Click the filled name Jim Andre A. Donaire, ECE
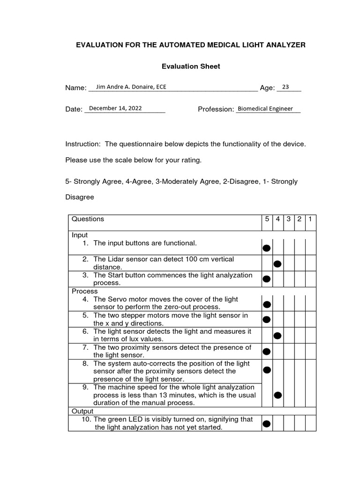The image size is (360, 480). coord(130,87)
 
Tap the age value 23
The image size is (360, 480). coord(285,87)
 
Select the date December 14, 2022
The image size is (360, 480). coord(115,108)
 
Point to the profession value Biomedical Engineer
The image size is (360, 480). coord(265,109)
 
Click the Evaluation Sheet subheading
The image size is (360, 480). coord(191,67)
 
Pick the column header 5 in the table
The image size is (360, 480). coord(267,219)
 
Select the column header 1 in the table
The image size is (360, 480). coord(310,219)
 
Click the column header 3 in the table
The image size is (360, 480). coord(289,219)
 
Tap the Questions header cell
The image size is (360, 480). coord(88,219)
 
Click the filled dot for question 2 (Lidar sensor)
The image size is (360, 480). coord(277,264)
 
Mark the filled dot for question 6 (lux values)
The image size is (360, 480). coord(277,336)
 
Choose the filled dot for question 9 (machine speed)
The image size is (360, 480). coord(277,395)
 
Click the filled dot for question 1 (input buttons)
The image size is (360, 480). coord(267,248)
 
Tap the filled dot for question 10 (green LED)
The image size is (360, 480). coord(267,424)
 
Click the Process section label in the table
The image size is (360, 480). coord(85,291)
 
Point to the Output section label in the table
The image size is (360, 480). coord(82,411)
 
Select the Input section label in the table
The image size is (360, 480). coord(80,235)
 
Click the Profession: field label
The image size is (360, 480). coord(216,109)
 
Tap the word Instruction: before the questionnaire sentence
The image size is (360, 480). coord(83,144)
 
